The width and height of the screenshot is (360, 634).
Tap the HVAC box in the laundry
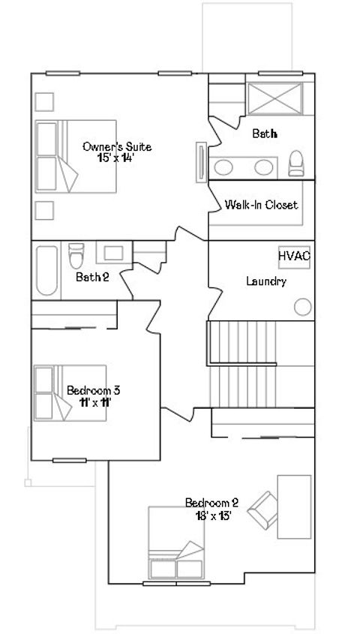[294, 256]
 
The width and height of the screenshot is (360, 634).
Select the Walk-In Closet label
[261, 205]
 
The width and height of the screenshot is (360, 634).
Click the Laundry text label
[266, 281]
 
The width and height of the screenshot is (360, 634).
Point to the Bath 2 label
[92, 277]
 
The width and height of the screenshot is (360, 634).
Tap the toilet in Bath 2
[76, 256]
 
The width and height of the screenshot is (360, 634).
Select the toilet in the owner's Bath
[296, 164]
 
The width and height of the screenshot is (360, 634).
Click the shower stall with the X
[274, 98]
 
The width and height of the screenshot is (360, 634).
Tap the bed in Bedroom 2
[177, 543]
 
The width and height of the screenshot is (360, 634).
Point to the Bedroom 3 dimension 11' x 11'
[94, 402]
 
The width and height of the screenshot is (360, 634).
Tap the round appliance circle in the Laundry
[302, 306]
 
